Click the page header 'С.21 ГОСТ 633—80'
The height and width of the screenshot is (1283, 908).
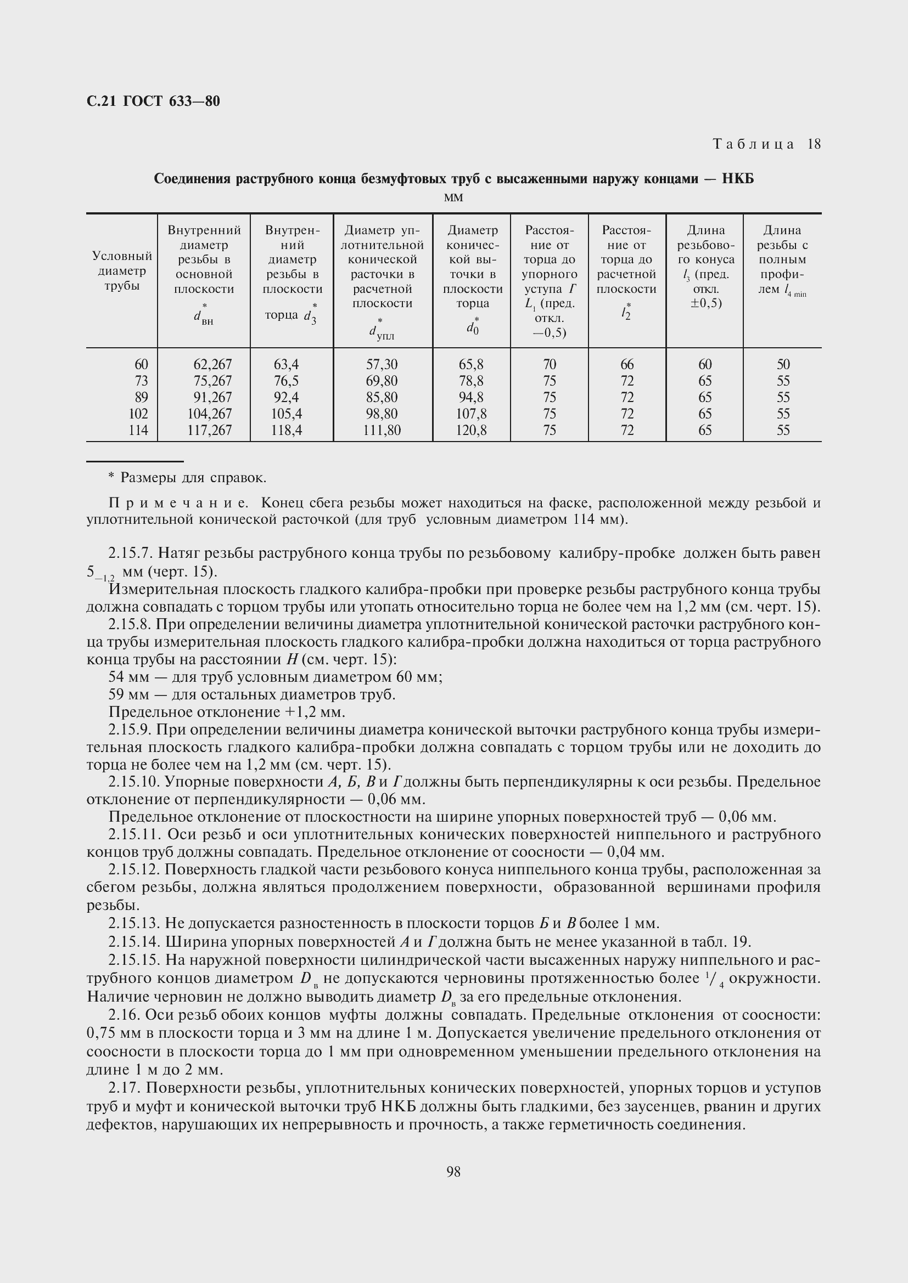tap(153, 101)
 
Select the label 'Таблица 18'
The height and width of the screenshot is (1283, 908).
tap(766, 144)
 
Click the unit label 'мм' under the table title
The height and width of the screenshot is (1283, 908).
tap(453, 197)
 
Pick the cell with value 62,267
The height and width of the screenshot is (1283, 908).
tap(212, 364)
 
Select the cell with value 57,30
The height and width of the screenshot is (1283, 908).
tap(382, 364)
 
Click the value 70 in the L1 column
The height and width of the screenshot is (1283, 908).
tap(550, 364)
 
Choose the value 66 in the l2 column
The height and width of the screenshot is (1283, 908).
tap(627, 364)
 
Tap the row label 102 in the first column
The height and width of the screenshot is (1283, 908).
tap(138, 414)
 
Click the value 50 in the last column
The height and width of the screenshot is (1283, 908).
tap(783, 364)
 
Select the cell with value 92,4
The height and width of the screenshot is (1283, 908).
tap(285, 397)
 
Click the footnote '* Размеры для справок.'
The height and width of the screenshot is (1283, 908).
tap(187, 478)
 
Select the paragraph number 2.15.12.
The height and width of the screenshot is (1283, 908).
tap(134, 869)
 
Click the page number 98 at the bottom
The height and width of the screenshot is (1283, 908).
tap(453, 1172)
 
